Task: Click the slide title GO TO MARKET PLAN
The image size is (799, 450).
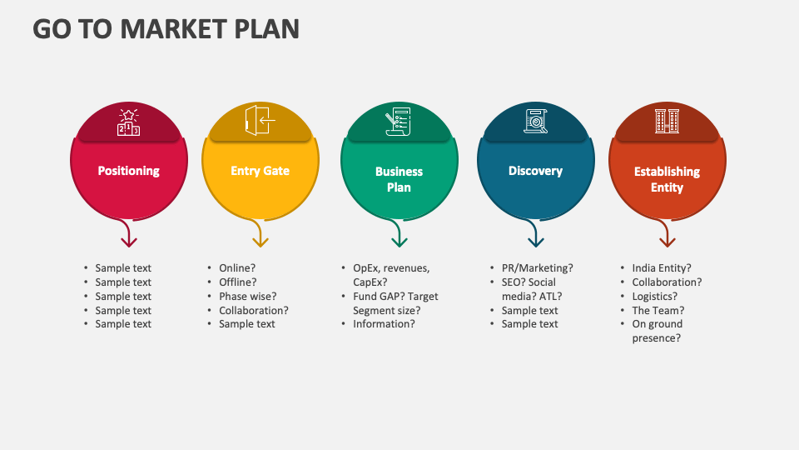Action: click(166, 28)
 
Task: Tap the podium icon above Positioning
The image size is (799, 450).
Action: click(128, 122)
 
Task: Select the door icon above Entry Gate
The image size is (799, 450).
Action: click(260, 121)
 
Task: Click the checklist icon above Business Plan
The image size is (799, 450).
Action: click(399, 122)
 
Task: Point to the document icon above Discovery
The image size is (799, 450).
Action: click(535, 122)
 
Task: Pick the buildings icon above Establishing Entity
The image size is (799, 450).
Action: click(667, 122)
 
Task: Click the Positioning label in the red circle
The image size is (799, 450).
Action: click(128, 171)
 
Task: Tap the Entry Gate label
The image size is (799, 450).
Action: click(260, 171)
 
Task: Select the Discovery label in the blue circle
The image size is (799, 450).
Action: click(535, 171)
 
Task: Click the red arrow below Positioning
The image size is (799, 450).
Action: click(128, 235)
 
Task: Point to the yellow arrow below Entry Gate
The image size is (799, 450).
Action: click(260, 235)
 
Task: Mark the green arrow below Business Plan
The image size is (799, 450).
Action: click(399, 235)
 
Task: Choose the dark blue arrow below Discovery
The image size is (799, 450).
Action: click(535, 235)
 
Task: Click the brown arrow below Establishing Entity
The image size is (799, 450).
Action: click(667, 235)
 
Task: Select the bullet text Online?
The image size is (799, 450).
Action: click(237, 268)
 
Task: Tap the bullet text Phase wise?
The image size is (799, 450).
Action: click(247, 296)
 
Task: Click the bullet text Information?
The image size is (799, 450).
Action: click(384, 324)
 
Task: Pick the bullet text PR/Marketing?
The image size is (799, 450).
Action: click(537, 268)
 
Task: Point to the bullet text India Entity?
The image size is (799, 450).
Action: click(661, 268)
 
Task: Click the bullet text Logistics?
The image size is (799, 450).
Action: click(654, 296)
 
